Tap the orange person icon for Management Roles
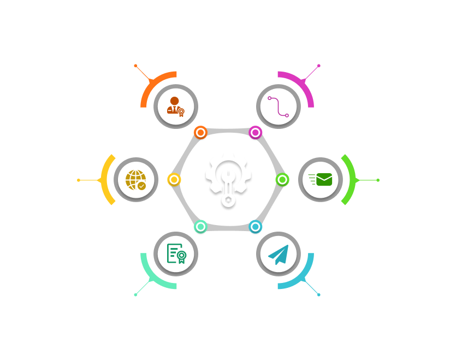175,106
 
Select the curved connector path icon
279,106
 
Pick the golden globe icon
135,180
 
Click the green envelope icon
321,179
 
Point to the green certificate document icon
176,253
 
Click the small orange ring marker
201,133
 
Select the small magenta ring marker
255,132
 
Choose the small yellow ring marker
174,179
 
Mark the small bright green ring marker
282,179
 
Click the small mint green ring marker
201,226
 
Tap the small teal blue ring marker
255,226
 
